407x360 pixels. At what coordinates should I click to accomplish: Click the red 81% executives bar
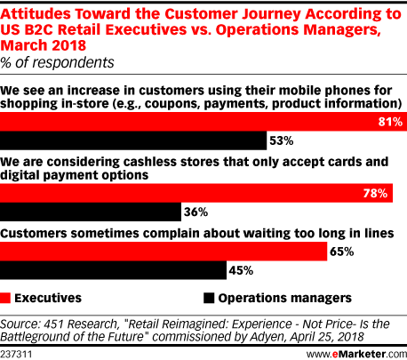[203, 122]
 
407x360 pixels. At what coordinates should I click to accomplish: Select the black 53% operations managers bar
[133, 140]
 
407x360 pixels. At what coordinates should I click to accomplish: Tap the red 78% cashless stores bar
[196, 193]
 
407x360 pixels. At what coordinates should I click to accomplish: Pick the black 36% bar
[91, 212]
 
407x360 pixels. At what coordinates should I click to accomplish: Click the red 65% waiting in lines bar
[164, 252]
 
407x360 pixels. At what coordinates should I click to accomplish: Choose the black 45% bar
[113, 270]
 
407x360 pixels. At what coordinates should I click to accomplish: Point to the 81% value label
[390, 122]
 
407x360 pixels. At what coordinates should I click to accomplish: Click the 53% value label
[282, 140]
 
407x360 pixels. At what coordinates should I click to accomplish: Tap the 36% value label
[196, 212]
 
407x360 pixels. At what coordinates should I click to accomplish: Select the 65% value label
[342, 252]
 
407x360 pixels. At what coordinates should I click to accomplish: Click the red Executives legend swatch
[5, 298]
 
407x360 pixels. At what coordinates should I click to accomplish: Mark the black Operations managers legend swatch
[209, 298]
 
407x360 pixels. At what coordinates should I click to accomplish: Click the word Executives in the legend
[48, 298]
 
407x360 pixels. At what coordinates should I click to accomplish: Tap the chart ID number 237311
[16, 354]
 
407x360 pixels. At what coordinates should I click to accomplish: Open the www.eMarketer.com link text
[356, 354]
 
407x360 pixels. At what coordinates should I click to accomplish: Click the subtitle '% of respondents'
[57, 62]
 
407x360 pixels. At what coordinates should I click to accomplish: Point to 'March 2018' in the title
[44, 45]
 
